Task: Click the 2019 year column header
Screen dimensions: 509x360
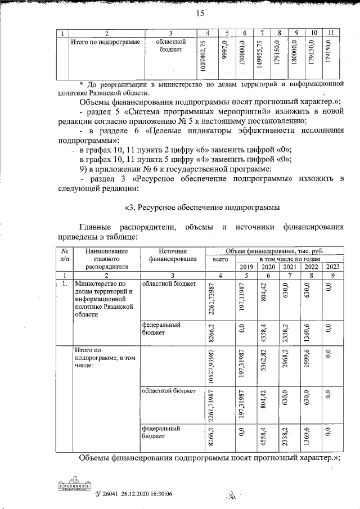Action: (246, 267)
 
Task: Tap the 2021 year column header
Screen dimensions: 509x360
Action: (288, 267)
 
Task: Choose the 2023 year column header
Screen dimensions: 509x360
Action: (332, 267)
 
